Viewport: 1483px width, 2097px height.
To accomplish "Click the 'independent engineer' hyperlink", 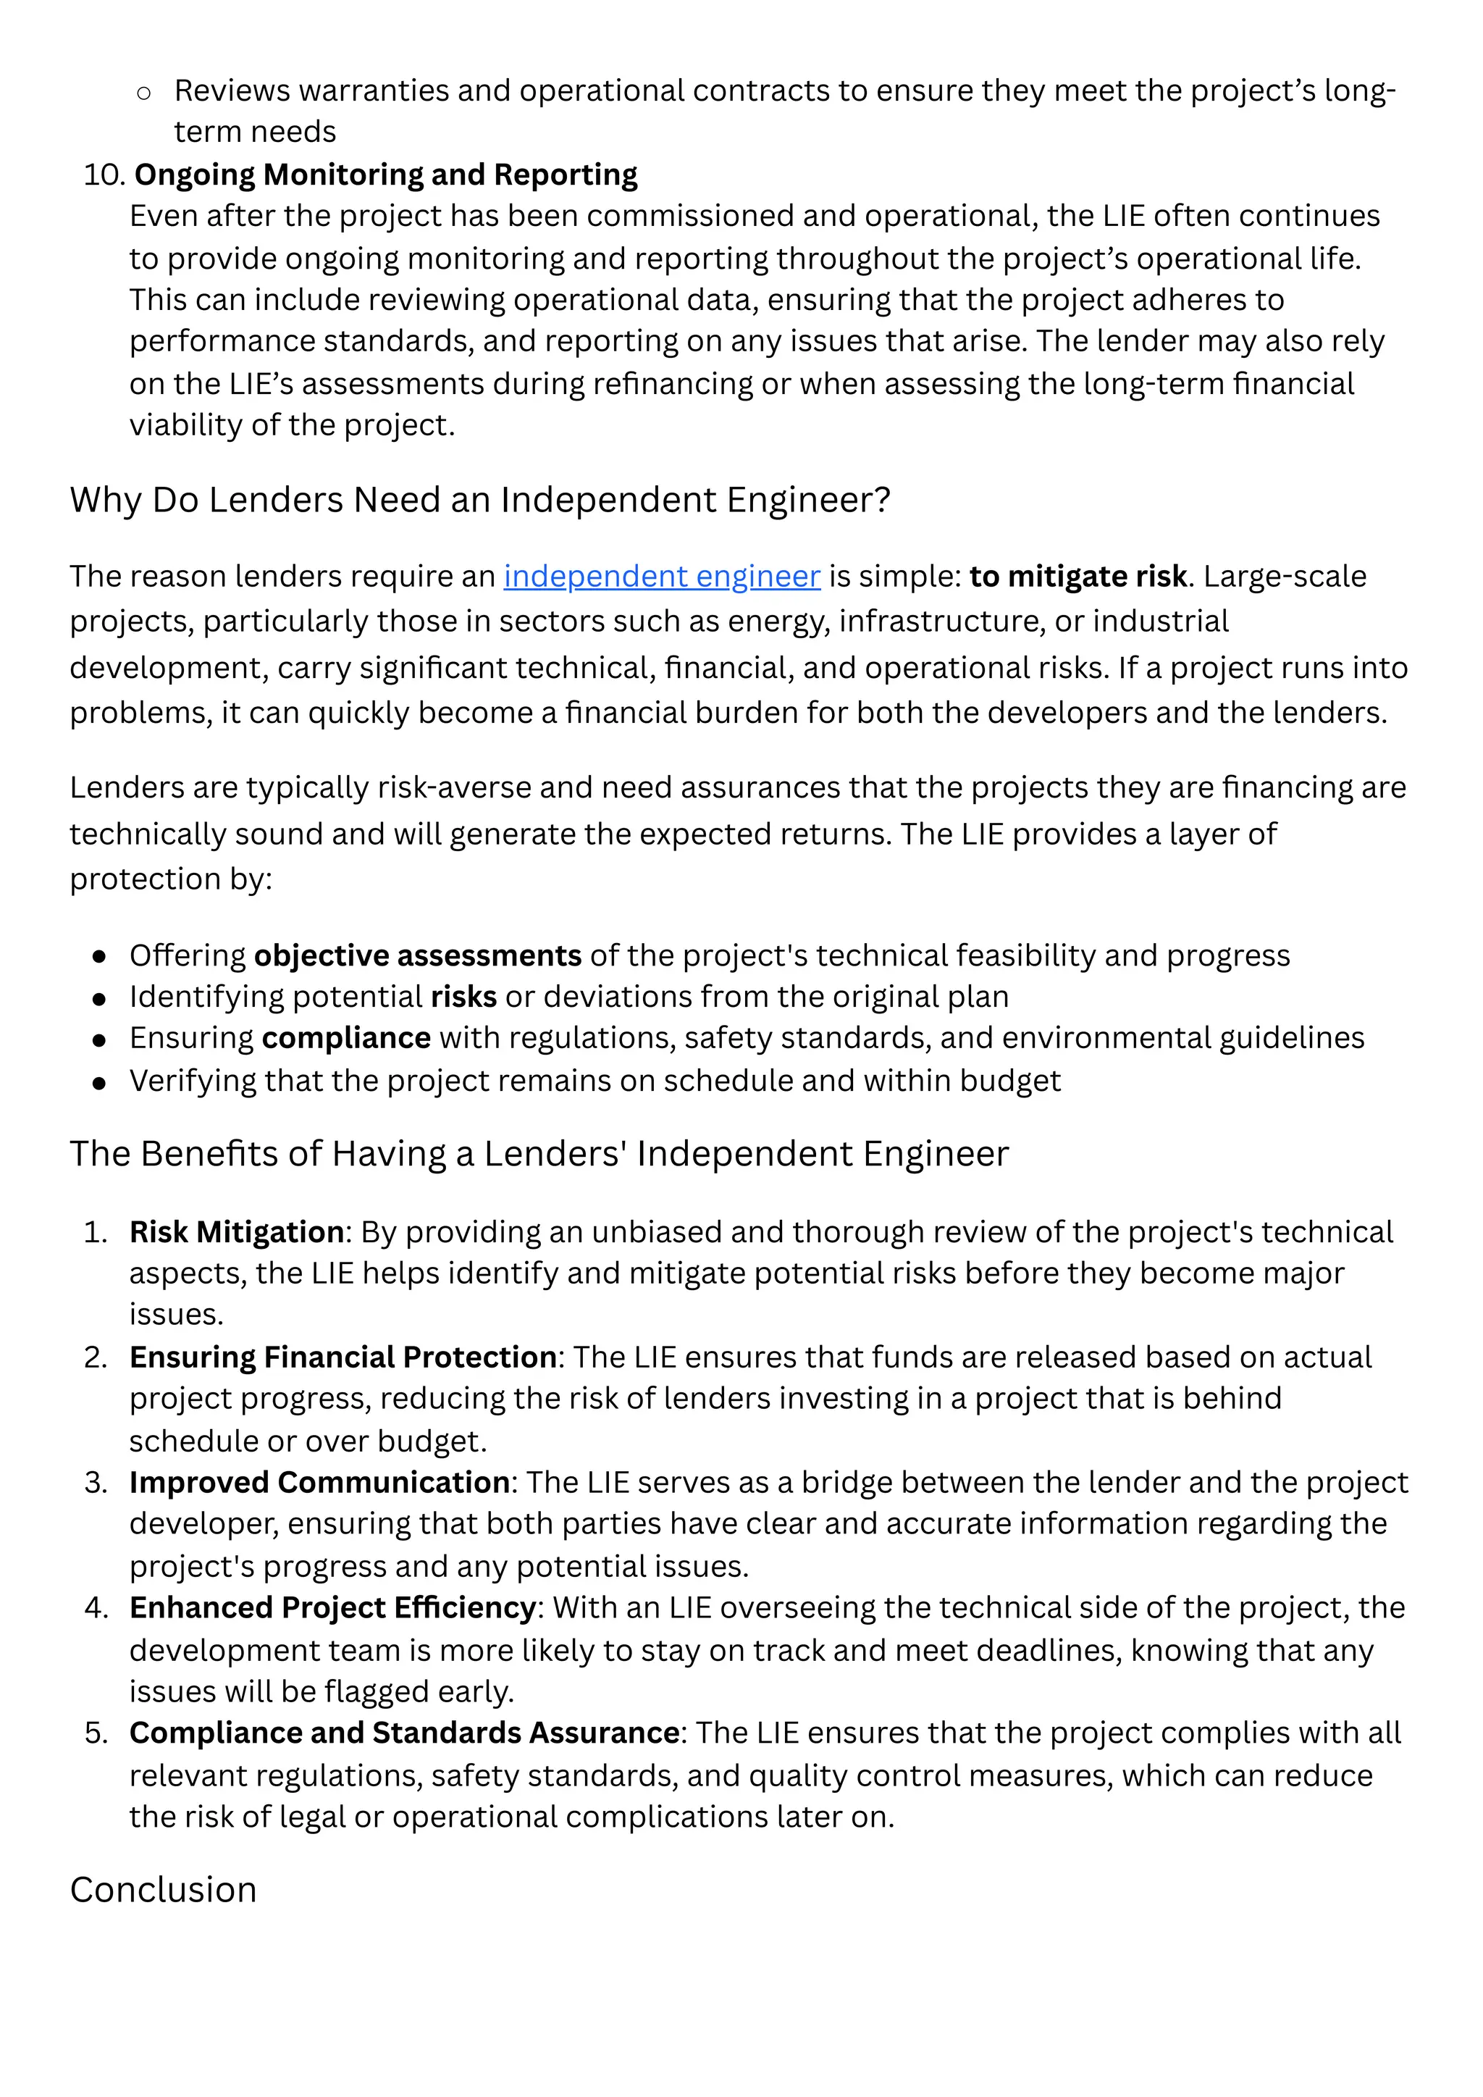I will pyautogui.click(x=661, y=577).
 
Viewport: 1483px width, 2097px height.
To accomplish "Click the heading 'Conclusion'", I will pyautogui.click(x=164, y=1890).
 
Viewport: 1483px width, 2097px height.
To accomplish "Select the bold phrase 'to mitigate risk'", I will pyautogui.click(x=1077, y=577).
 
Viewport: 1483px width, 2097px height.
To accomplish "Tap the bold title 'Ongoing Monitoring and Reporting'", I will pyautogui.click(x=385, y=175).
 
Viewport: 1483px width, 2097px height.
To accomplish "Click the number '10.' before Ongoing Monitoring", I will pyautogui.click(x=104, y=175).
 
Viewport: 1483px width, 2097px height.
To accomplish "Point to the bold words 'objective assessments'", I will pyautogui.click(x=417, y=955).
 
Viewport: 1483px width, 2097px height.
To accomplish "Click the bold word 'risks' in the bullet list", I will pyautogui.click(x=463, y=997).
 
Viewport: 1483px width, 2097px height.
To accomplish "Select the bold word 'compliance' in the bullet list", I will pyautogui.click(x=346, y=1039).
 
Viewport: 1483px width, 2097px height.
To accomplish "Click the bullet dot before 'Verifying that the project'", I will pyautogui.click(x=99, y=1082).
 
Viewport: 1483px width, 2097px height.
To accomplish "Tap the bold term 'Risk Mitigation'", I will pyautogui.click(x=237, y=1232).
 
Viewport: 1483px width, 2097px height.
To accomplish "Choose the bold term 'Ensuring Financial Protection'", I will pyautogui.click(x=343, y=1357).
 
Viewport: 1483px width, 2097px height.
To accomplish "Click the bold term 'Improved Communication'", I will pyautogui.click(x=319, y=1482).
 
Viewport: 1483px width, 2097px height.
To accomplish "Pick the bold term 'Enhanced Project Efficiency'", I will pyautogui.click(x=332, y=1607).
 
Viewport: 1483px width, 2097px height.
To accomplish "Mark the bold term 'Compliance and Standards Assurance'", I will pyautogui.click(x=403, y=1733).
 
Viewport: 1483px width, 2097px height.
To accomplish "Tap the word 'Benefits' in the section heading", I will pyautogui.click(x=214, y=1155).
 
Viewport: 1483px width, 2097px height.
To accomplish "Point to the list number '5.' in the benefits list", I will pyautogui.click(x=96, y=1733).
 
